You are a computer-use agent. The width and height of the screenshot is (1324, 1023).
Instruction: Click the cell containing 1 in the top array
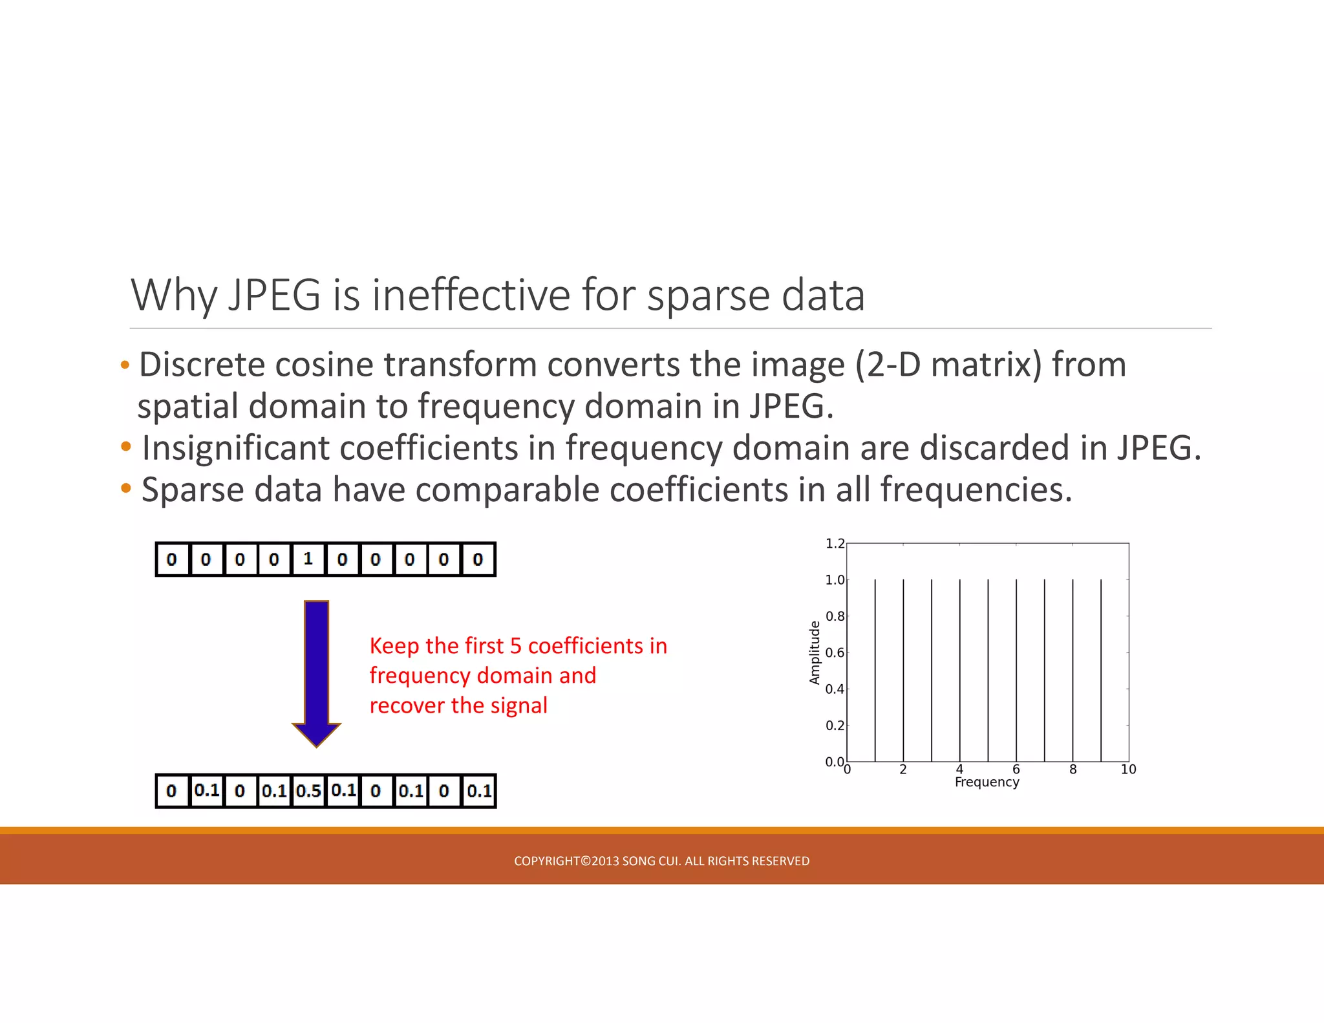pos(308,559)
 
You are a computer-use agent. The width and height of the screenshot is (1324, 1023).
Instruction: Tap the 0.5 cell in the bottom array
pos(308,790)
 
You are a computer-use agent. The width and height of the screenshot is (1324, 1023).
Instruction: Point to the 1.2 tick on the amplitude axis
pos(835,544)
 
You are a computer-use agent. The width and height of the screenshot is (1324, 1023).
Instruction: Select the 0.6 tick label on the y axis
pos(835,652)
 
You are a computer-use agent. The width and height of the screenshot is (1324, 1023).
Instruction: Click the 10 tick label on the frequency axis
pos(1128,769)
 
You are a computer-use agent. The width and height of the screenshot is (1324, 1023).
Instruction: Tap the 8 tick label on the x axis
pos(1073,769)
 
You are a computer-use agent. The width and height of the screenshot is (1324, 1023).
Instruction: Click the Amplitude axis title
pos(815,652)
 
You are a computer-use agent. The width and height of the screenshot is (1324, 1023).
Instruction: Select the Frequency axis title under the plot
pos(987,782)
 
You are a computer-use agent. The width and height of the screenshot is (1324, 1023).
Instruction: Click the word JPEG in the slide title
pos(274,296)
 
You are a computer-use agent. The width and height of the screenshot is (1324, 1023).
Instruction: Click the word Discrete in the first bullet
pos(202,365)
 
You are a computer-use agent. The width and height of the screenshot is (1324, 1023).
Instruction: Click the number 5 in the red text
pos(515,646)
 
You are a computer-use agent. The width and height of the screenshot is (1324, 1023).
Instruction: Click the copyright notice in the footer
pos(661,861)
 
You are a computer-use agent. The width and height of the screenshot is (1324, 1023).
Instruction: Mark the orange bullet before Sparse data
pos(126,488)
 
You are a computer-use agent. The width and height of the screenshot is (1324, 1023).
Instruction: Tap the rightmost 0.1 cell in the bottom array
pos(479,790)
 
